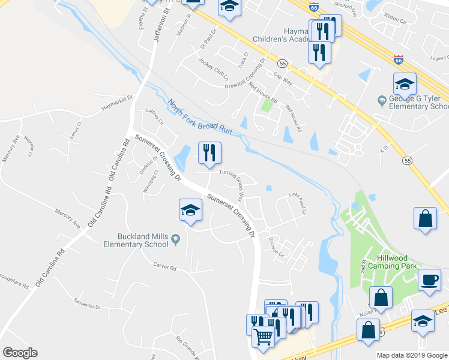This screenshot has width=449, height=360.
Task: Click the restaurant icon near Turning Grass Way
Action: pos(209,153)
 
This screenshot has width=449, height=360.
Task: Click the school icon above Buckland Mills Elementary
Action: pos(190,210)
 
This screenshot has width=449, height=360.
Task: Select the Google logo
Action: pos(20,353)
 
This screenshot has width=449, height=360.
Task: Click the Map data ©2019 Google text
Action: pos(412,355)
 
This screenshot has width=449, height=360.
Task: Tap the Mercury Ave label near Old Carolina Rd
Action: pos(68,218)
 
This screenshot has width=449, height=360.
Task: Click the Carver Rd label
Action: pos(164,267)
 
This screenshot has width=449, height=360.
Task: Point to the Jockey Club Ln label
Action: pos(214,70)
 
